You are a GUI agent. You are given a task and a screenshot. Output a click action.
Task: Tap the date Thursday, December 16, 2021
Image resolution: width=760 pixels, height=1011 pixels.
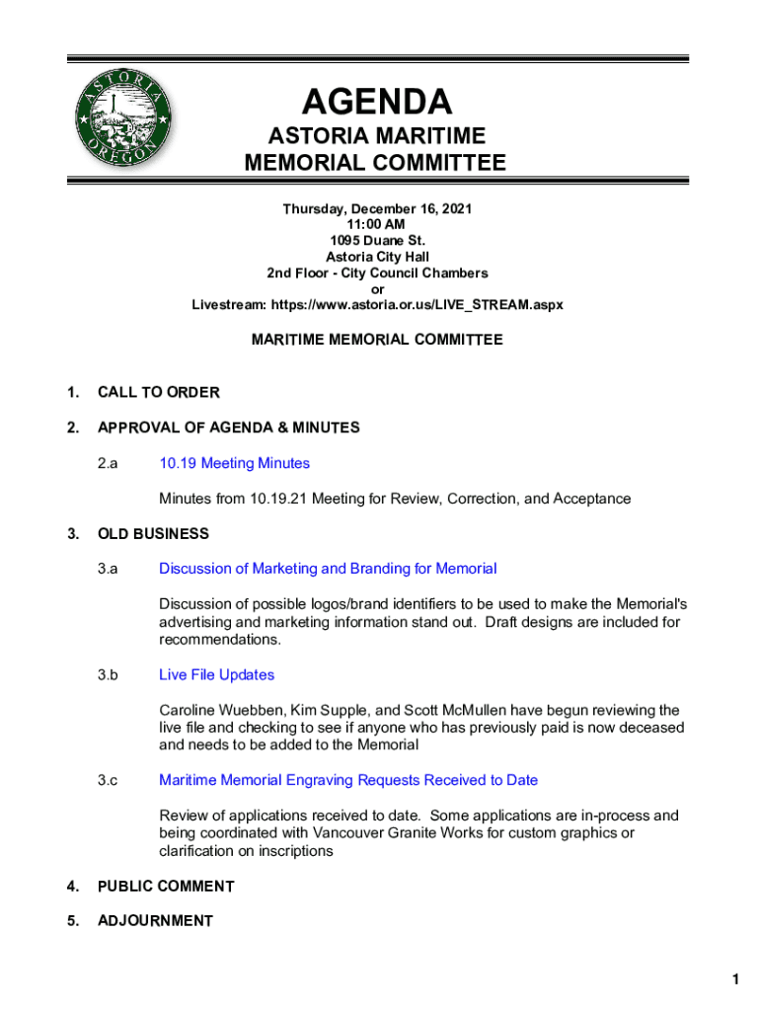tap(377, 209)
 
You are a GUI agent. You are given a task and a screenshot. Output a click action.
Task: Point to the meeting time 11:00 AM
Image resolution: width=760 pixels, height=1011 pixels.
tap(377, 225)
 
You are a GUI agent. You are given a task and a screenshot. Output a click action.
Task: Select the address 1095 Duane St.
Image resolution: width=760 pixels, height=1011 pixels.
tap(377, 241)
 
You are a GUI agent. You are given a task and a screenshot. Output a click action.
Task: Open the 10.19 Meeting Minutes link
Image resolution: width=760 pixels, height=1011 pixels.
tap(234, 463)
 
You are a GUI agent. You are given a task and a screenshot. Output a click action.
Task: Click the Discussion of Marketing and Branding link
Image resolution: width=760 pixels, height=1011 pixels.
tap(328, 569)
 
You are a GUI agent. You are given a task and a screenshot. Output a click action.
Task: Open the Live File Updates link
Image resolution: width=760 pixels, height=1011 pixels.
tap(216, 675)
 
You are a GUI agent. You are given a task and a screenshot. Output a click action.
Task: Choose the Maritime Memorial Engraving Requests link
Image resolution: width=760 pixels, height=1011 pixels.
tap(348, 781)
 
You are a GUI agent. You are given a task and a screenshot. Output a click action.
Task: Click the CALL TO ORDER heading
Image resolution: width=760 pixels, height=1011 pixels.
tap(158, 393)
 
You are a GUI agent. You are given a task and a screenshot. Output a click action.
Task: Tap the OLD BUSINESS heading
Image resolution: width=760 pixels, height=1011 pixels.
tap(153, 534)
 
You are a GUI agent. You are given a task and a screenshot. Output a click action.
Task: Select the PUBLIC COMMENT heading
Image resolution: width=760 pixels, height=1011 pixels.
tap(166, 887)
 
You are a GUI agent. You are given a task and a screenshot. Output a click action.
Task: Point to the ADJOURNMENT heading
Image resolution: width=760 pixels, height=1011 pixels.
tap(155, 921)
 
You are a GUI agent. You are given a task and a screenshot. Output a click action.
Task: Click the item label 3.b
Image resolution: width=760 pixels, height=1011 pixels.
tap(108, 675)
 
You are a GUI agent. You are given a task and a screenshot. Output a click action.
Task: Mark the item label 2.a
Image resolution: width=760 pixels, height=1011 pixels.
tap(108, 463)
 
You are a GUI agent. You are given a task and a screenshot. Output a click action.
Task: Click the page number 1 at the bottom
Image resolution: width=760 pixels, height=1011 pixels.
tap(735, 979)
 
